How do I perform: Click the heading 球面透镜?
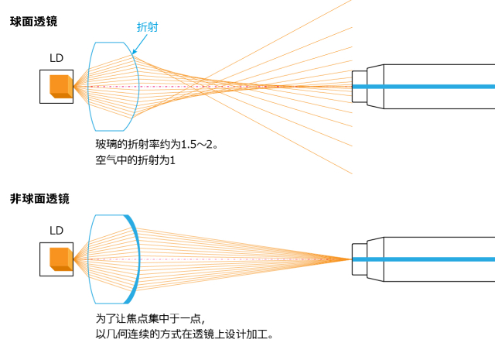33,22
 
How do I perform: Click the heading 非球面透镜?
39,199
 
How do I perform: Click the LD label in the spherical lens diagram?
56,58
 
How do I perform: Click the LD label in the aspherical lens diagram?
56,230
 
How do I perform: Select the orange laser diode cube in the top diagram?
60,86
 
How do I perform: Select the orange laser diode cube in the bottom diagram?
60,258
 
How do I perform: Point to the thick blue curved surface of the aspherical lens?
136,258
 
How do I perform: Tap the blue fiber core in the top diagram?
433,86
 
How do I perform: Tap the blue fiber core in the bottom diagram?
433,258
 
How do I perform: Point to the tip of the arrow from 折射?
133,54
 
